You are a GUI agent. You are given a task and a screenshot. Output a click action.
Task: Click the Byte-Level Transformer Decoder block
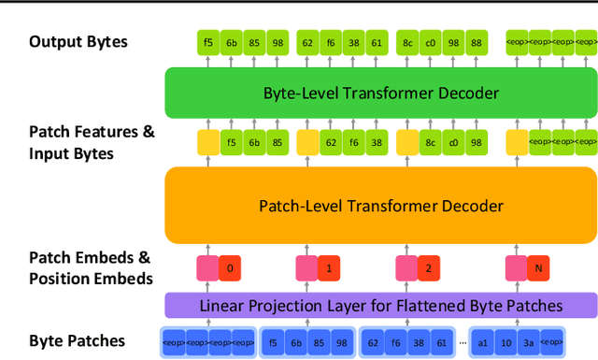point(380,93)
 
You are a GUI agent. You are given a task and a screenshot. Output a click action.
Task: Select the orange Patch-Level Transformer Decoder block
point(380,205)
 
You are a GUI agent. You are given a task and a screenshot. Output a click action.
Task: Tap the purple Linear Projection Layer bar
point(380,305)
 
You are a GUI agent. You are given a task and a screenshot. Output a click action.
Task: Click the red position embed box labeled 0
point(231,269)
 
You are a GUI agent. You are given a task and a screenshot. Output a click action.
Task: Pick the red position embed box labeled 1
point(329,269)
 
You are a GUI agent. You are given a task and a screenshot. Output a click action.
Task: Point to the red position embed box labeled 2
point(429,269)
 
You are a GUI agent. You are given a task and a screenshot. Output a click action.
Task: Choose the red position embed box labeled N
point(536,269)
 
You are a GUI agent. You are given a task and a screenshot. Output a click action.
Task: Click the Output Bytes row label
point(78,41)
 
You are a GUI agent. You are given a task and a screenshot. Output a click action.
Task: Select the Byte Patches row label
point(77,340)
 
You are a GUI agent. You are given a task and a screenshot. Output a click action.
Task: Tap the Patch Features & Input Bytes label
point(92,142)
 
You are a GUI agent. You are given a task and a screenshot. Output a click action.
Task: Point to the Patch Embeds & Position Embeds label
point(90,266)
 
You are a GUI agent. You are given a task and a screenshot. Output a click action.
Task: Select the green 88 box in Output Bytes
point(476,42)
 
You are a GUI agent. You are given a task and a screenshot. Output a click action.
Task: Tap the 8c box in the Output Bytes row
point(407,42)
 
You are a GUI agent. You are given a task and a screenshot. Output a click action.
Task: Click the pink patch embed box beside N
point(515,269)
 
